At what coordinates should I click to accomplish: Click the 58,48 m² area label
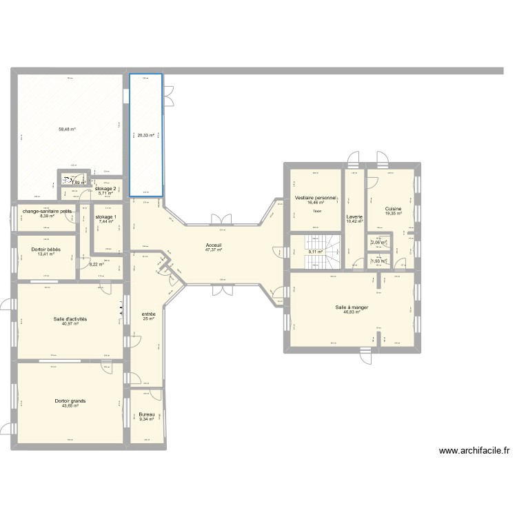[67, 129]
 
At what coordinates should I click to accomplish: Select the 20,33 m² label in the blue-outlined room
[145, 136]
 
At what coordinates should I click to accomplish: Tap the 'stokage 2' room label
[105, 188]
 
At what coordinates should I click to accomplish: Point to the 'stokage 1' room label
[105, 216]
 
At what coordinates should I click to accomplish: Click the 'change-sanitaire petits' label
[47, 212]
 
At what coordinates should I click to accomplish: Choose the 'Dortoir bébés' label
[46, 249]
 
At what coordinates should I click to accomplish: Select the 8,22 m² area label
[97, 264]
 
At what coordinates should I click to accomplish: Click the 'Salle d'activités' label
[70, 320]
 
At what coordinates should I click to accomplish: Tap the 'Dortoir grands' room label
[70, 401]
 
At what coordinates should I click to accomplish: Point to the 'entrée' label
[148, 314]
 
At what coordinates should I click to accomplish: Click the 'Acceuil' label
[213, 245]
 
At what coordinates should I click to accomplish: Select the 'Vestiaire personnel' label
[316, 198]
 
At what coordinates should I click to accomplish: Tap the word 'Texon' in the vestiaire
[316, 212]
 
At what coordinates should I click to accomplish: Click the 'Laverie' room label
[355, 216]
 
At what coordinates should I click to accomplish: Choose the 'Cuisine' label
[394, 209]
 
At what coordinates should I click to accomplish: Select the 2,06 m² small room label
[378, 243]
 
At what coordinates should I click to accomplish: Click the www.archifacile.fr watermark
[474, 451]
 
